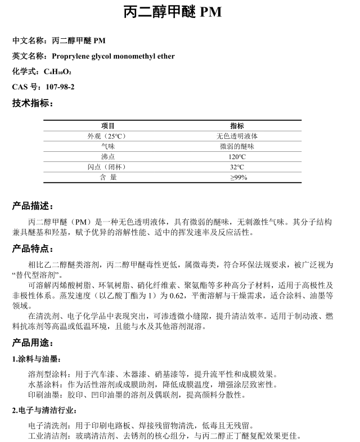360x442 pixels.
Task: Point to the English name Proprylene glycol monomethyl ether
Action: (113, 56)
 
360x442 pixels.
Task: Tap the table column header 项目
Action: (108, 125)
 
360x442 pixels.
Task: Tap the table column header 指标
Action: (237, 125)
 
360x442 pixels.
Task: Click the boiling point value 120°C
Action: (237, 157)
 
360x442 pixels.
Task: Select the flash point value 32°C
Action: (237, 167)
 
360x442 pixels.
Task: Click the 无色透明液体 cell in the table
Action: (237, 136)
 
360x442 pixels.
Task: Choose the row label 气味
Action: (108, 146)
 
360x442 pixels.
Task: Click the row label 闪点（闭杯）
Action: (108, 167)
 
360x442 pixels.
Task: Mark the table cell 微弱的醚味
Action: (237, 146)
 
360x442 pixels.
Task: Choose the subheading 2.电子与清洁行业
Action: (44, 411)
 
